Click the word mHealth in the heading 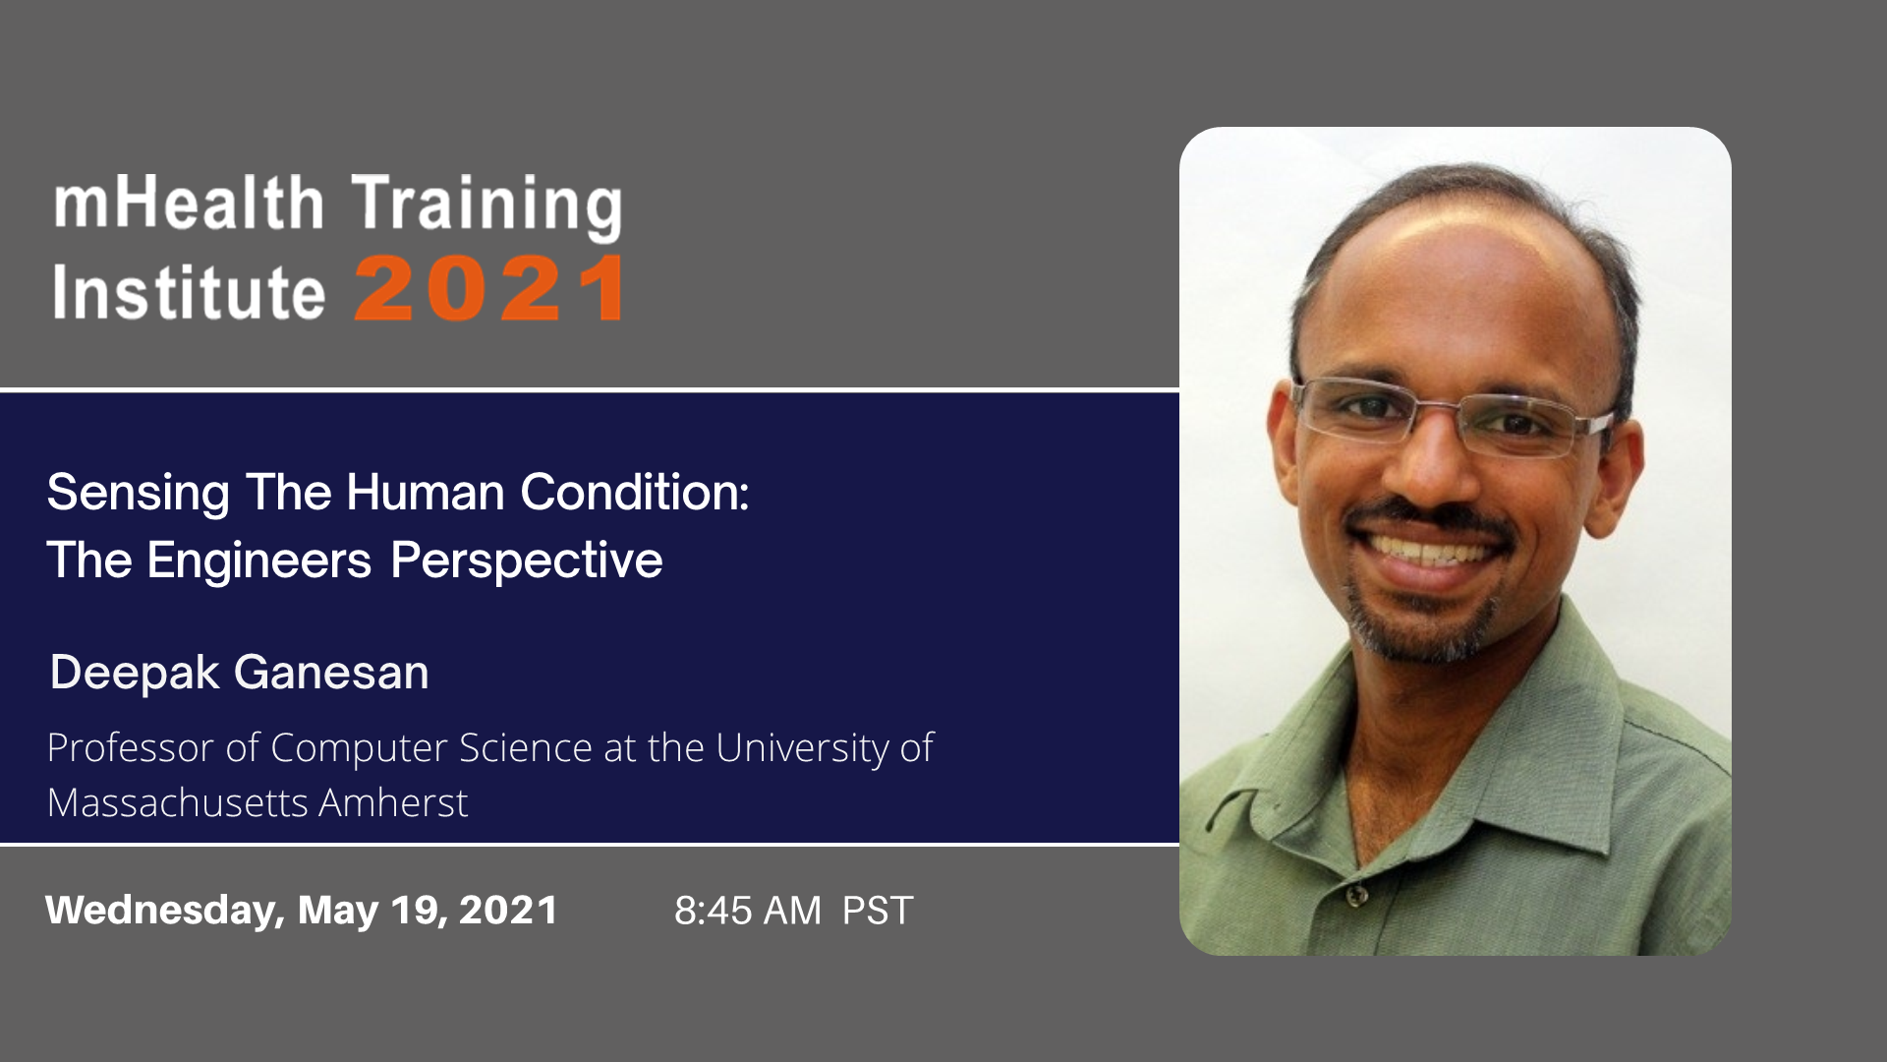[x=189, y=203]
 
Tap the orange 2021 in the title [x=489, y=289]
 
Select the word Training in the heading [x=486, y=207]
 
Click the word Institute [x=189, y=291]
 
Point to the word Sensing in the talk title [x=139, y=494]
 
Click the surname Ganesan [x=331, y=673]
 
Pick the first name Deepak [x=135, y=674]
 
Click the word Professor [x=131, y=747]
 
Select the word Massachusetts [x=178, y=802]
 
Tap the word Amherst [x=393, y=802]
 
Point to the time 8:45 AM [x=748, y=911]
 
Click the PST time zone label [x=878, y=911]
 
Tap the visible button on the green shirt [x=1356, y=895]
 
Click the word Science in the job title [x=526, y=747]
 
